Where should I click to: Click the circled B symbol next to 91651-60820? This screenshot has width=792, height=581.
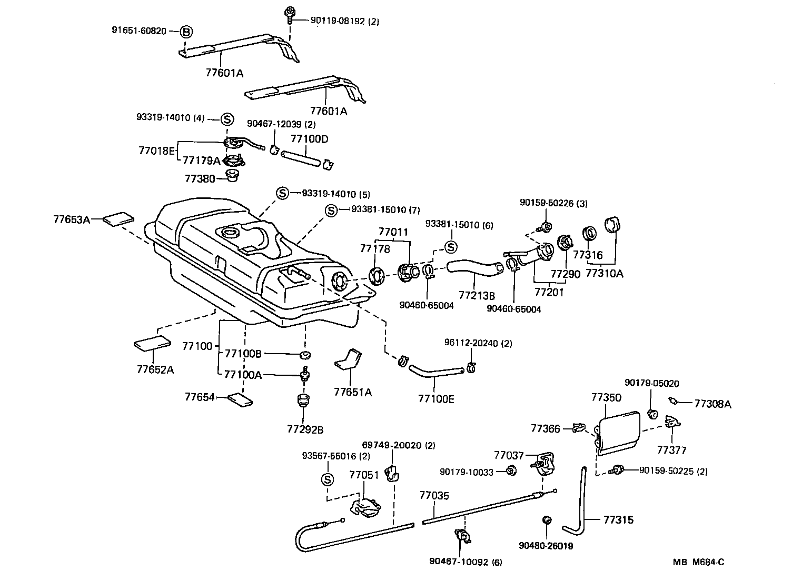click(186, 32)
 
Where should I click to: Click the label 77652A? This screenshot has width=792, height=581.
click(155, 369)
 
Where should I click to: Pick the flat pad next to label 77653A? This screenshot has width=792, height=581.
click(118, 218)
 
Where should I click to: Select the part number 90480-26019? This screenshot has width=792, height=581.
click(546, 546)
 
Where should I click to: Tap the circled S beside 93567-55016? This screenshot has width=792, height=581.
click(327, 479)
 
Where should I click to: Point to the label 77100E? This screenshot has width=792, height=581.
click(436, 399)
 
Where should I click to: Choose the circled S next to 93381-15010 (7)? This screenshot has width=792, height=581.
click(331, 211)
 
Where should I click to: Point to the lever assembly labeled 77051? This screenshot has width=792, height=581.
click(364, 507)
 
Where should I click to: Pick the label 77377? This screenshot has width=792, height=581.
click(672, 450)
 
